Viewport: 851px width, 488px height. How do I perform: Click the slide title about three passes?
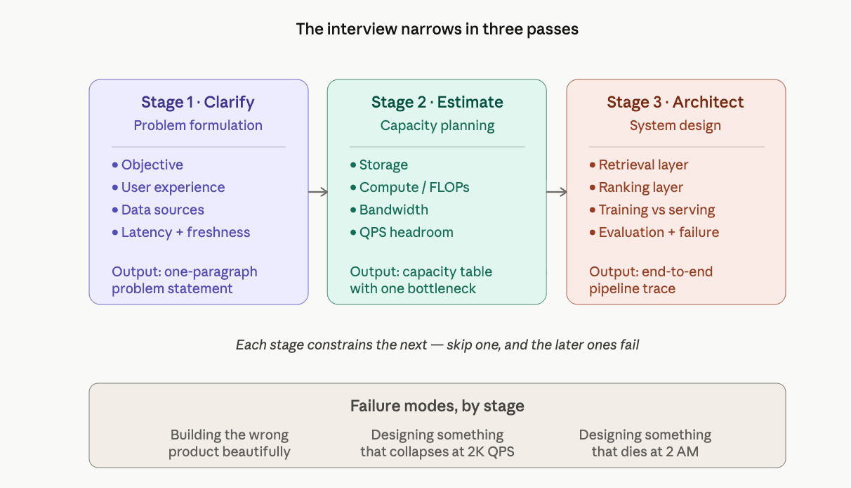437,29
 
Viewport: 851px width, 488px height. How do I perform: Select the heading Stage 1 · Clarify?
198,102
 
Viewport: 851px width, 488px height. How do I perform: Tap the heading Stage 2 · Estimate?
437,102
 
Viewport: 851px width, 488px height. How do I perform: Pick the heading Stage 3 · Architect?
675,102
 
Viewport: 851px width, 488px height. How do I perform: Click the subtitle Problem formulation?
198,125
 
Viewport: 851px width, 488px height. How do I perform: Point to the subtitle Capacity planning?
437,125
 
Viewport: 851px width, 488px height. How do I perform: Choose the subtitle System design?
675,125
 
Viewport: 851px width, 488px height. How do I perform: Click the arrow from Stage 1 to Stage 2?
318,192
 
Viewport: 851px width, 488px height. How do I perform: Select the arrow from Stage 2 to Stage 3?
557,192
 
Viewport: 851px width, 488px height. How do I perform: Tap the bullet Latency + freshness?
185,232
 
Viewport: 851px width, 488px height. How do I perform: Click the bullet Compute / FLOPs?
414,187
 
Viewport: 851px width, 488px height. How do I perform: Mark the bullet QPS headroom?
406,232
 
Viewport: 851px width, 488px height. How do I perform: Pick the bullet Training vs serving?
657,210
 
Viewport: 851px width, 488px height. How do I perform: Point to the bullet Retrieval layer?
643,165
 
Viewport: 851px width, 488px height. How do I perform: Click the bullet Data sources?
162,210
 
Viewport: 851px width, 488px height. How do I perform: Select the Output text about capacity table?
421,280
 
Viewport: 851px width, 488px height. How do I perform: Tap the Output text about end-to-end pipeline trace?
651,280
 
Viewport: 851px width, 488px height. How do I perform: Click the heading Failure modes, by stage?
437,406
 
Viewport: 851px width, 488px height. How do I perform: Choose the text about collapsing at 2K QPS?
437,443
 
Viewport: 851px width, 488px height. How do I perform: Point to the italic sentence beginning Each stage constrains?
437,345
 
